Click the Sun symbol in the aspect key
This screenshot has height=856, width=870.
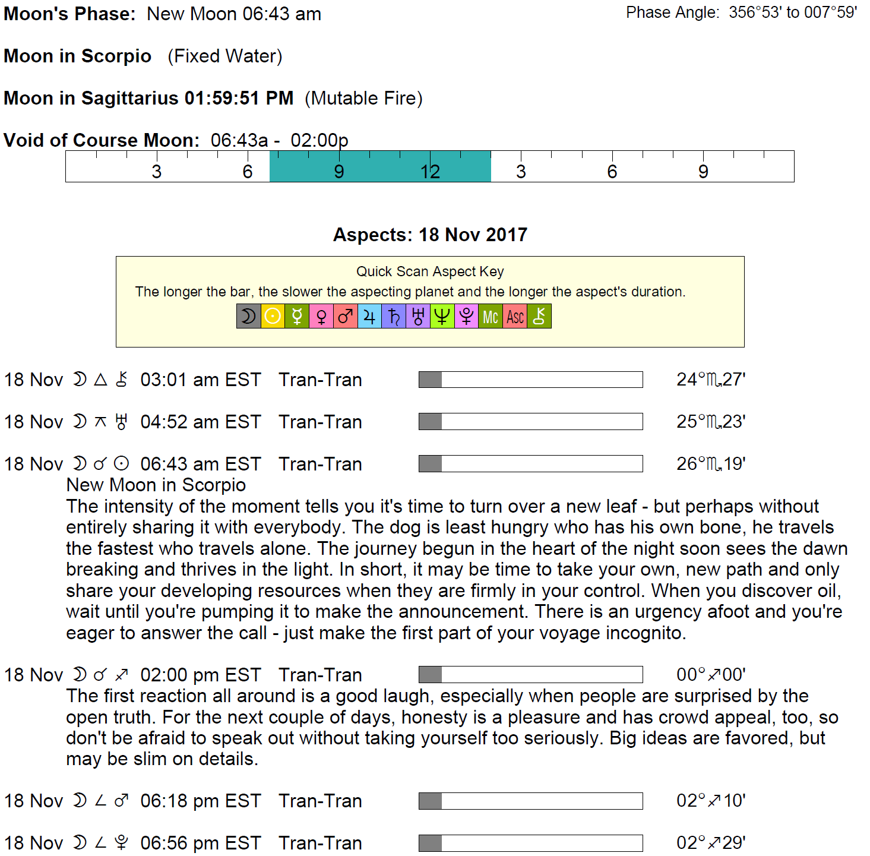273,316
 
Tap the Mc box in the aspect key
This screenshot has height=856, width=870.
491,316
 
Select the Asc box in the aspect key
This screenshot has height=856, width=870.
515,316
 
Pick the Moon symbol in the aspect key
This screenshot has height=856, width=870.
248,316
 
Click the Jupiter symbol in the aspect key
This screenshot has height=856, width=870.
369,316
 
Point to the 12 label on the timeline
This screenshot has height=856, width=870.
430,172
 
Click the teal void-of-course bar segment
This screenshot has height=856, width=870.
380,166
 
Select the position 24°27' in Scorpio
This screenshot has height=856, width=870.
711,379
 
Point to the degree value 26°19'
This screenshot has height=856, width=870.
711,463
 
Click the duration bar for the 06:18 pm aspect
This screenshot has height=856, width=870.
530,801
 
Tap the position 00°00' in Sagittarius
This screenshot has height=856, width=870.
711,674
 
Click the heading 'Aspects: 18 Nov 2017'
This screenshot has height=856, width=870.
430,235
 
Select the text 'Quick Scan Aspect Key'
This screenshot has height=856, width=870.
430,271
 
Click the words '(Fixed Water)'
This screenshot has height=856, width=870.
224,56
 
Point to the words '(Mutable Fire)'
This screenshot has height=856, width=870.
363,98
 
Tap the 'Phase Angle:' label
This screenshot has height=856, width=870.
673,12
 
